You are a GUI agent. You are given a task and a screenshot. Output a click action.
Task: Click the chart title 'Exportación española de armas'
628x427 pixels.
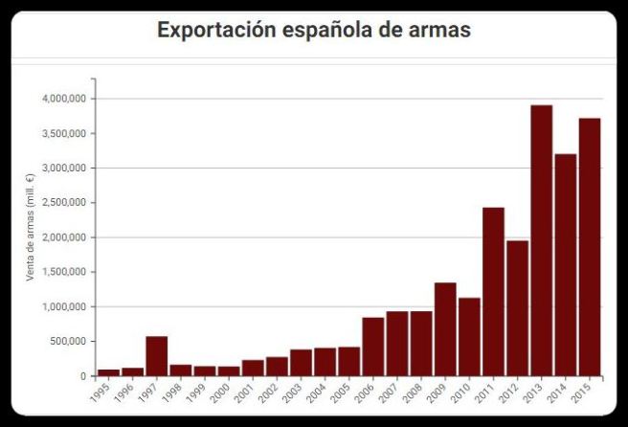click(x=314, y=30)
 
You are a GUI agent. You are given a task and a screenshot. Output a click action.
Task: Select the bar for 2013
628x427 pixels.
click(x=541, y=240)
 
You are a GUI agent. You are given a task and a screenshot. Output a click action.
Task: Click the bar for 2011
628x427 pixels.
click(x=493, y=292)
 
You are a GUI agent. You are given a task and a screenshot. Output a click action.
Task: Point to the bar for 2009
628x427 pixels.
click(x=445, y=329)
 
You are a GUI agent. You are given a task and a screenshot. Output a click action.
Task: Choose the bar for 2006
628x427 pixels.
click(x=373, y=347)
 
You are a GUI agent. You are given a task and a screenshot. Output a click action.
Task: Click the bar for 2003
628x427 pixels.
click(x=301, y=363)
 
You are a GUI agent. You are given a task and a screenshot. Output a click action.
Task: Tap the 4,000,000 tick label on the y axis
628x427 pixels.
click(x=65, y=99)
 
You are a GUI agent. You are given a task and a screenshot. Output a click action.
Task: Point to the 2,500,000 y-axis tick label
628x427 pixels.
click(x=65, y=203)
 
